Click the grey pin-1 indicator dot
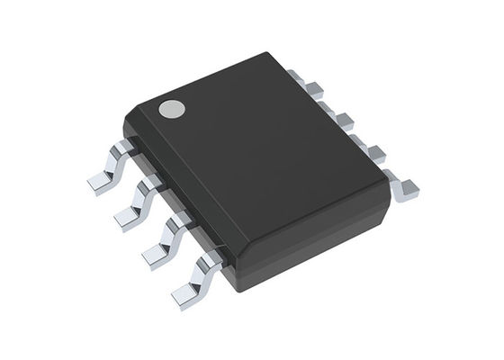pos(171,110)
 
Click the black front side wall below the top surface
pos(306,243)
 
